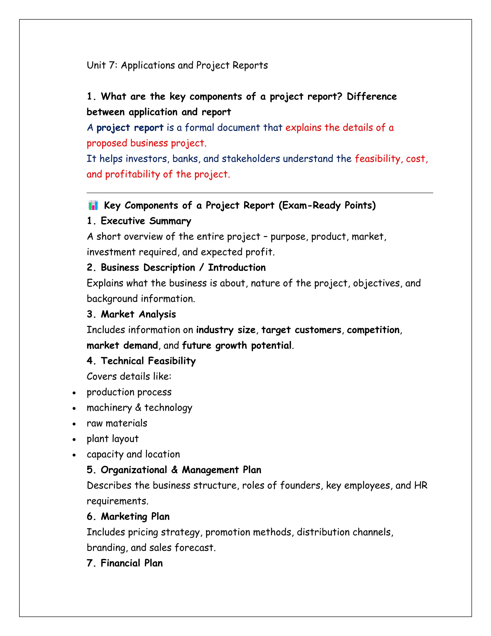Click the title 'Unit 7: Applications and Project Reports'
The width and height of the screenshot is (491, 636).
click(177, 66)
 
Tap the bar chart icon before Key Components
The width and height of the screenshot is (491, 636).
click(93, 205)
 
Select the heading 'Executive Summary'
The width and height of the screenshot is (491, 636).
click(146, 221)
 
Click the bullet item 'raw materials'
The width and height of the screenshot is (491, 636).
click(117, 423)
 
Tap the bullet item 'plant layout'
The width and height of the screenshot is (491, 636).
click(113, 439)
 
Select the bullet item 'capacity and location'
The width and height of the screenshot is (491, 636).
click(133, 454)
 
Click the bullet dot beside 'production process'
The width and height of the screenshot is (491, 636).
click(74, 393)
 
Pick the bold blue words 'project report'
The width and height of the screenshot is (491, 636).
click(130, 128)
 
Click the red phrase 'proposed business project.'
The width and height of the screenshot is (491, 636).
click(146, 143)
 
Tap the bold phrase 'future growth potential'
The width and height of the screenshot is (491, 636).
click(237, 345)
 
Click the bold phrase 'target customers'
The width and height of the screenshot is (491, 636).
click(301, 330)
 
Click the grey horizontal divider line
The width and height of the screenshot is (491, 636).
click(260, 193)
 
